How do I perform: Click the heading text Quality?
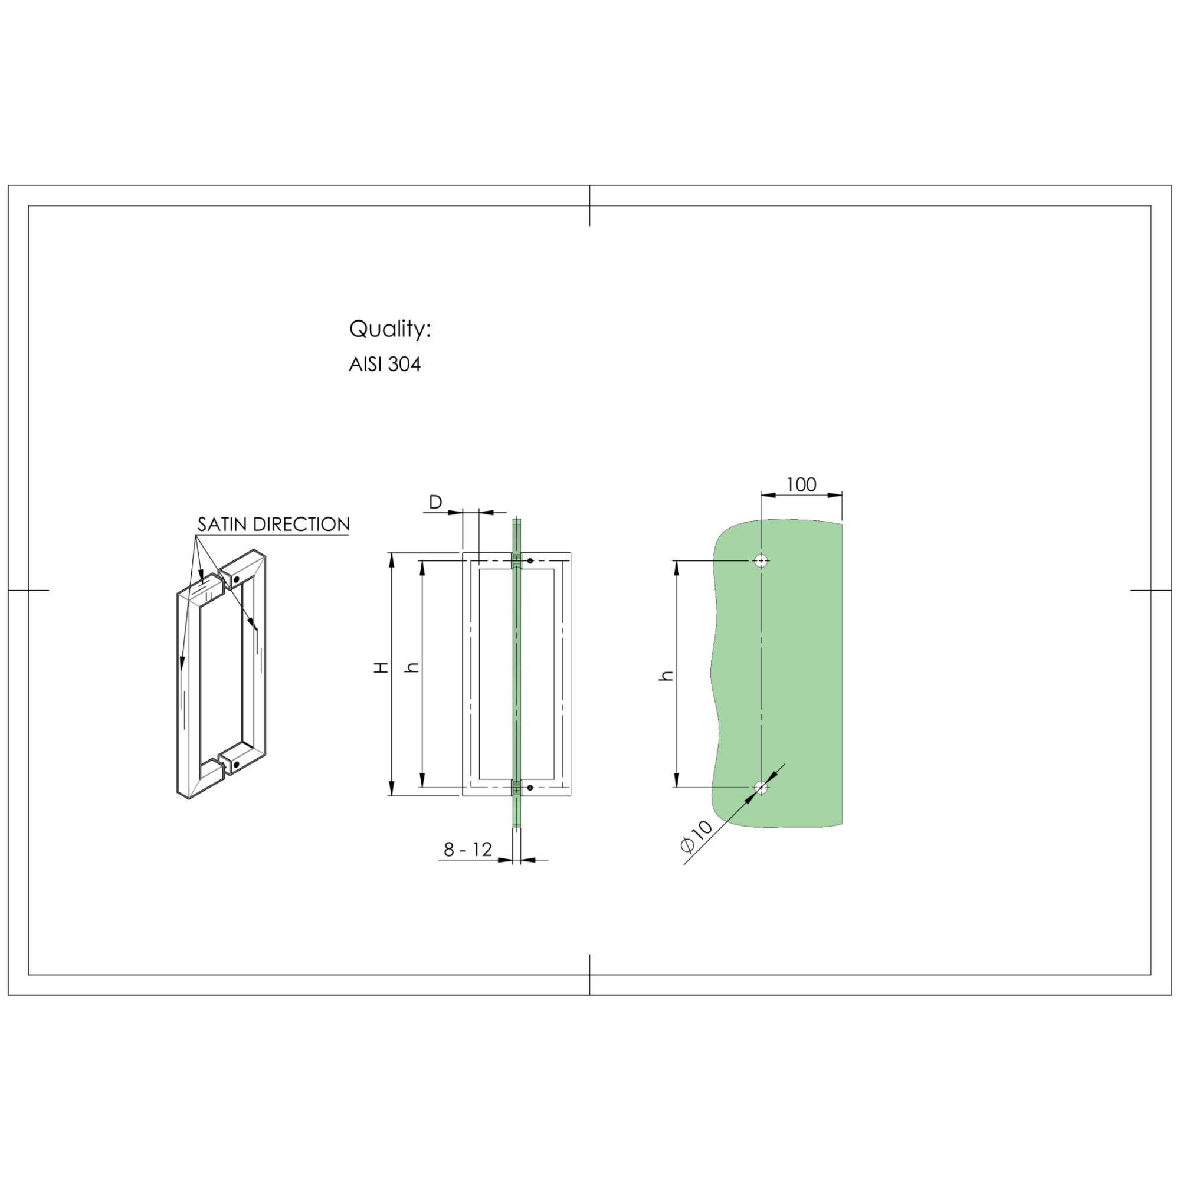click(390, 329)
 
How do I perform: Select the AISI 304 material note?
click(385, 365)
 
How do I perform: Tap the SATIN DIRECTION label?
click(274, 524)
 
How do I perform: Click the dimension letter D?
click(435, 502)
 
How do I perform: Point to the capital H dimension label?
click(382, 667)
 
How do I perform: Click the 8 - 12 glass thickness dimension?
click(468, 850)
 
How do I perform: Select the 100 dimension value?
click(801, 484)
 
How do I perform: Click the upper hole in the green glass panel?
click(761, 560)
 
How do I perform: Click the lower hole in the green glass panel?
click(761, 788)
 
